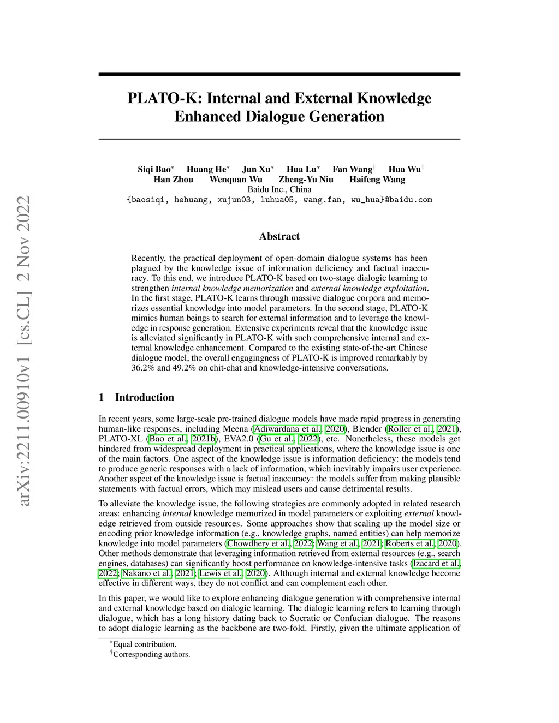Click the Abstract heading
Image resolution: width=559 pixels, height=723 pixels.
(279, 236)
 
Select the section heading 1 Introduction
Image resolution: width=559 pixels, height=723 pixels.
(136, 397)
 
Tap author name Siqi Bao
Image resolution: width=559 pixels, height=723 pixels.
(154, 169)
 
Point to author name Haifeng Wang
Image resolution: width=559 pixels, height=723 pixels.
(377, 180)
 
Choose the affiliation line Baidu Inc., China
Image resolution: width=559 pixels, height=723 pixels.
(279, 189)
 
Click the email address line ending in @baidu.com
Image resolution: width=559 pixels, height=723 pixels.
(279, 200)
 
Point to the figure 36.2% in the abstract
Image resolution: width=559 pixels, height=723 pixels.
(144, 368)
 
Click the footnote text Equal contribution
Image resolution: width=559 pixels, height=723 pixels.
(145, 644)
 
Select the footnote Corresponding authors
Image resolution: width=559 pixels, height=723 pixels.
(151, 654)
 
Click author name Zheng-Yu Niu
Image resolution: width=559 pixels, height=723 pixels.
(306, 180)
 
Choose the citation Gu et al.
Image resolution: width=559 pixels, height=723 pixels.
(277, 439)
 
